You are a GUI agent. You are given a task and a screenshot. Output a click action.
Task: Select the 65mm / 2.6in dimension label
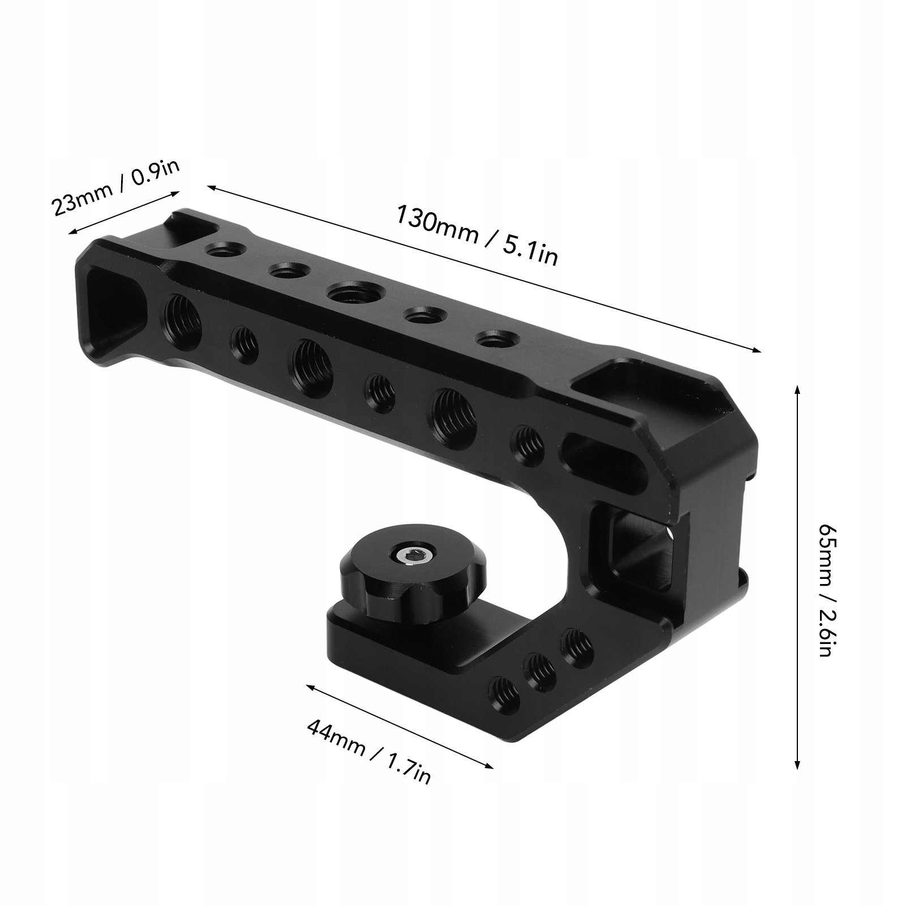click(x=825, y=589)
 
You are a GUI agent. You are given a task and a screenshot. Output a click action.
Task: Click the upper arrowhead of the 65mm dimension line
click(x=797, y=390)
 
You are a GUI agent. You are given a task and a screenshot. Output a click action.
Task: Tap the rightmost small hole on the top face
click(x=490, y=341)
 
